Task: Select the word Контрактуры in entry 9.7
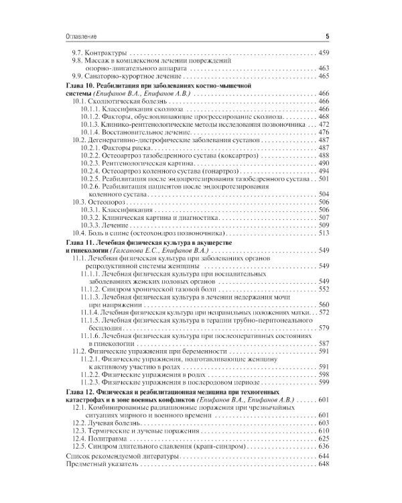coord(105,52)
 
